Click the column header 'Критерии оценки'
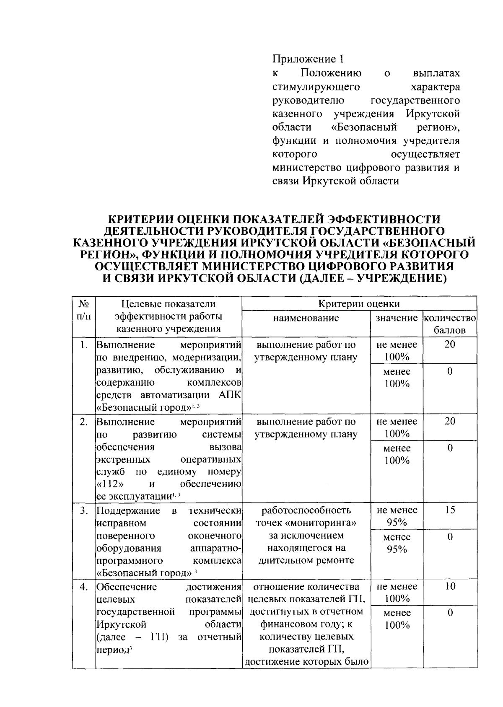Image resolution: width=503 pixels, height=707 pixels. click(359, 304)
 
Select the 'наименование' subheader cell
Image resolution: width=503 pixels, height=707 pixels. click(306, 318)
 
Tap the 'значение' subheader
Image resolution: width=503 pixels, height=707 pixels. click(397, 318)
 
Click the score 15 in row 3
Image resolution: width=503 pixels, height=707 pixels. click(449, 510)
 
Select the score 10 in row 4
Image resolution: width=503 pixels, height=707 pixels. click(449, 586)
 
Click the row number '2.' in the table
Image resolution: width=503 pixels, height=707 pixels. click(84, 422)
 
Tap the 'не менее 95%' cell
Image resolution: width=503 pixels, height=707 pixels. click(397, 516)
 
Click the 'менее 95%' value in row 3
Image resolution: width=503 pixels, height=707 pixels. click(397, 543)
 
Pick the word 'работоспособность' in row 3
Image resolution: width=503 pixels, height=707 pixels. click(306, 510)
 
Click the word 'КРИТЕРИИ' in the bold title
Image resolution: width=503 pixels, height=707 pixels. click(140, 219)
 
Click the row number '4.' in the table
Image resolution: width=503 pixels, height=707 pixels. click(84, 587)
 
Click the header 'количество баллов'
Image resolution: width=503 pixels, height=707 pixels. click(449, 324)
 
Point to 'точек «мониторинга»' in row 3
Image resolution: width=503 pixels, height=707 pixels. click(306, 523)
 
